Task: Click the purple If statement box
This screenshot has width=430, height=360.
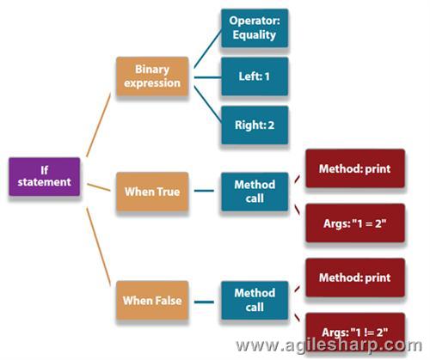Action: tap(45, 177)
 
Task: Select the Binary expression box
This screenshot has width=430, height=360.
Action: tap(152, 76)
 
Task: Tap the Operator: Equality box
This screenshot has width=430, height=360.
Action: tap(255, 28)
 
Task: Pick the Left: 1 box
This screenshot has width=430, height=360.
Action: tap(255, 76)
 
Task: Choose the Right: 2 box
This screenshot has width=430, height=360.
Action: tap(255, 125)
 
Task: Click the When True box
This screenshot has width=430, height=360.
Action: tap(152, 192)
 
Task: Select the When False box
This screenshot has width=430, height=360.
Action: tap(152, 300)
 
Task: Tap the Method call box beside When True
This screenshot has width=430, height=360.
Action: tap(255, 192)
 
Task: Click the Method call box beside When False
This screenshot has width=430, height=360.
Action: tap(255, 300)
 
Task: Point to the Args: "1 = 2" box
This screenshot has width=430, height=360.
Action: tap(355, 223)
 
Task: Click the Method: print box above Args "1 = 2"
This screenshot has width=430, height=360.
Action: tap(355, 168)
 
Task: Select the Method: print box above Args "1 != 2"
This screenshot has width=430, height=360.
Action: tap(355, 278)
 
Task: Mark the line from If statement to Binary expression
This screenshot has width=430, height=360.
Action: tap(99, 125)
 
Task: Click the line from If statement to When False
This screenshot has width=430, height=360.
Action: tap(99, 247)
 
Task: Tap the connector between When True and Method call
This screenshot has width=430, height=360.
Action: tap(204, 191)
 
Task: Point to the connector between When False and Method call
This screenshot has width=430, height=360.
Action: tap(204, 302)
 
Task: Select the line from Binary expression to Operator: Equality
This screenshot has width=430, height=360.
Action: tap(207, 49)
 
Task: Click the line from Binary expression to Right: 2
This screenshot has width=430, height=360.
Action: tap(207, 104)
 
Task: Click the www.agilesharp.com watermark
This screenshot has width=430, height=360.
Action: tap(329, 345)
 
